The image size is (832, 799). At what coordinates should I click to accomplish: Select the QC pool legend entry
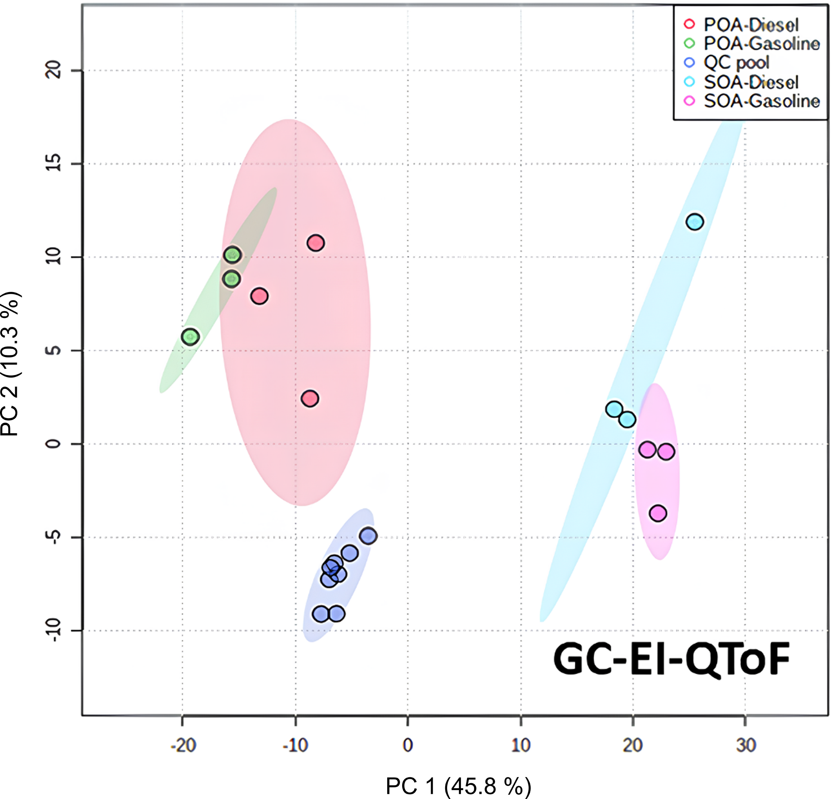point(736,63)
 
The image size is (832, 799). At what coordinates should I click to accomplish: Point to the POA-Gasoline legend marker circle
point(690,43)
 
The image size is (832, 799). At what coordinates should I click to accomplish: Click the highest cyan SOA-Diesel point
point(694,222)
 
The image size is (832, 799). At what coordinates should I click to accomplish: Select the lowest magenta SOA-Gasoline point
point(658,513)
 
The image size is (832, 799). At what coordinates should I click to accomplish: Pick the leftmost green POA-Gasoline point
point(190,337)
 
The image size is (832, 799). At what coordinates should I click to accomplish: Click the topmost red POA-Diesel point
point(316,243)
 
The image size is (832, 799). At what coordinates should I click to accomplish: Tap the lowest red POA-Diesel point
point(310,398)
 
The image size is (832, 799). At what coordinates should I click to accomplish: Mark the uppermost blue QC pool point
point(368,536)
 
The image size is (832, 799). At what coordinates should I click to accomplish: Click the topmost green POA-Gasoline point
point(232,255)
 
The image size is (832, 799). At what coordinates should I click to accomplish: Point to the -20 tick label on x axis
point(183,745)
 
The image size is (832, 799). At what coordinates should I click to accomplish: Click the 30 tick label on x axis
point(746,745)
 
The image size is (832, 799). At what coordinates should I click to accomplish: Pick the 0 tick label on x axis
point(407,745)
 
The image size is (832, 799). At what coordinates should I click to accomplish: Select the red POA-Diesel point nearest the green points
point(259,296)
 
